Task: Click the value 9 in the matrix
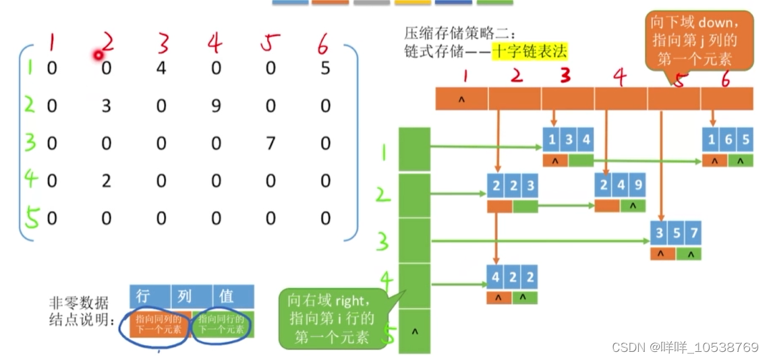216,106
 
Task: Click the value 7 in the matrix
270,143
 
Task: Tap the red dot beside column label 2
98,55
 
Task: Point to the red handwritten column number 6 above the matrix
322,45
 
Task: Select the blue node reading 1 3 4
568,140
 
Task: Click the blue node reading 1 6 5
727,140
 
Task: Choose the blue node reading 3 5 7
676,234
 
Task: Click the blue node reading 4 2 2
513,277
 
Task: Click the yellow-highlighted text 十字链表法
530,51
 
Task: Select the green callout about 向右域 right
332,318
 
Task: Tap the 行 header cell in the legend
144,296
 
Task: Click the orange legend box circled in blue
158,324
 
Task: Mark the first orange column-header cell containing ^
461,99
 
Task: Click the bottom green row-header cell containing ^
414,331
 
